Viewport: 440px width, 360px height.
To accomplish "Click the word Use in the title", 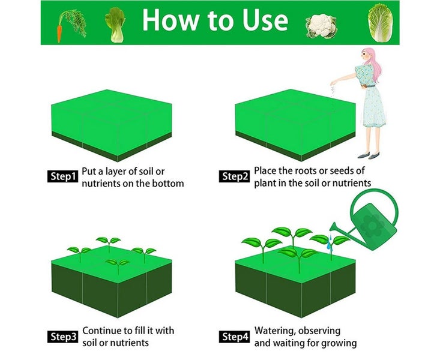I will (260, 21).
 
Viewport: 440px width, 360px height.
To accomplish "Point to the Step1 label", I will (62, 176).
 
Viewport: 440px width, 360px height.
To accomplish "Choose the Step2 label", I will (235, 176).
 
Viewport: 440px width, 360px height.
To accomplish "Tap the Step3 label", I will (62, 337).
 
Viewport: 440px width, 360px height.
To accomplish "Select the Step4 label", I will (235, 337).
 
